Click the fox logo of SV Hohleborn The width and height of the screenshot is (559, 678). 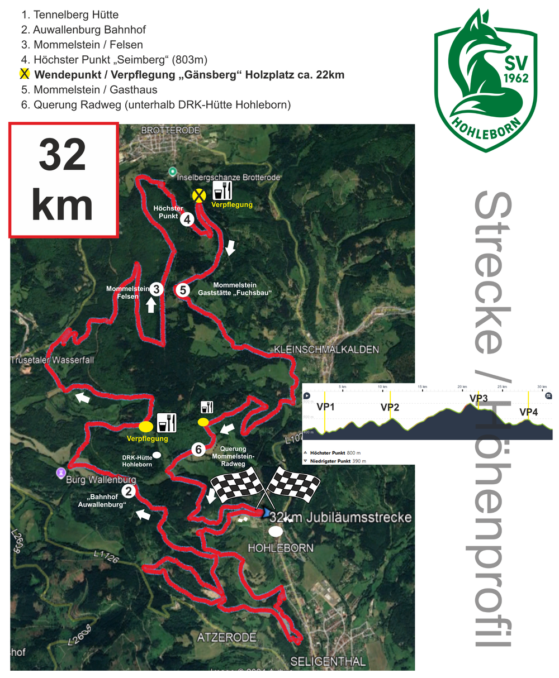[485, 79]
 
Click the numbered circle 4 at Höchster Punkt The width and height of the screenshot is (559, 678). [187, 219]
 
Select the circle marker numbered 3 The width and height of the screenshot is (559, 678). [157, 289]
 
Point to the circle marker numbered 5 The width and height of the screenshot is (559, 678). [182, 290]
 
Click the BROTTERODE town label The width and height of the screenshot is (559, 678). [171, 130]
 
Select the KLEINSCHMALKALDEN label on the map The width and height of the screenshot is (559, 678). [326, 350]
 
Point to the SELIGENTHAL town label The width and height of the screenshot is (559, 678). [328, 662]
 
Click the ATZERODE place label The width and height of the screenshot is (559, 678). [226, 637]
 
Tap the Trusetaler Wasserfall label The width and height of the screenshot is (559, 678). [52, 360]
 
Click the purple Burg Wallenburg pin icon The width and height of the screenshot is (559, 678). [60, 473]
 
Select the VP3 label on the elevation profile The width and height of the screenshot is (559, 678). [479, 398]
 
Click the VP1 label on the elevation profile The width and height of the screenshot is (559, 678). [325, 407]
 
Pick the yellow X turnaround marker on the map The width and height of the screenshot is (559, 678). [198, 195]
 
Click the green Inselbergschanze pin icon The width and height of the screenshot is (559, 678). [173, 171]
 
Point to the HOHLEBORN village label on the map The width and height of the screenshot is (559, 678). [281, 548]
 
